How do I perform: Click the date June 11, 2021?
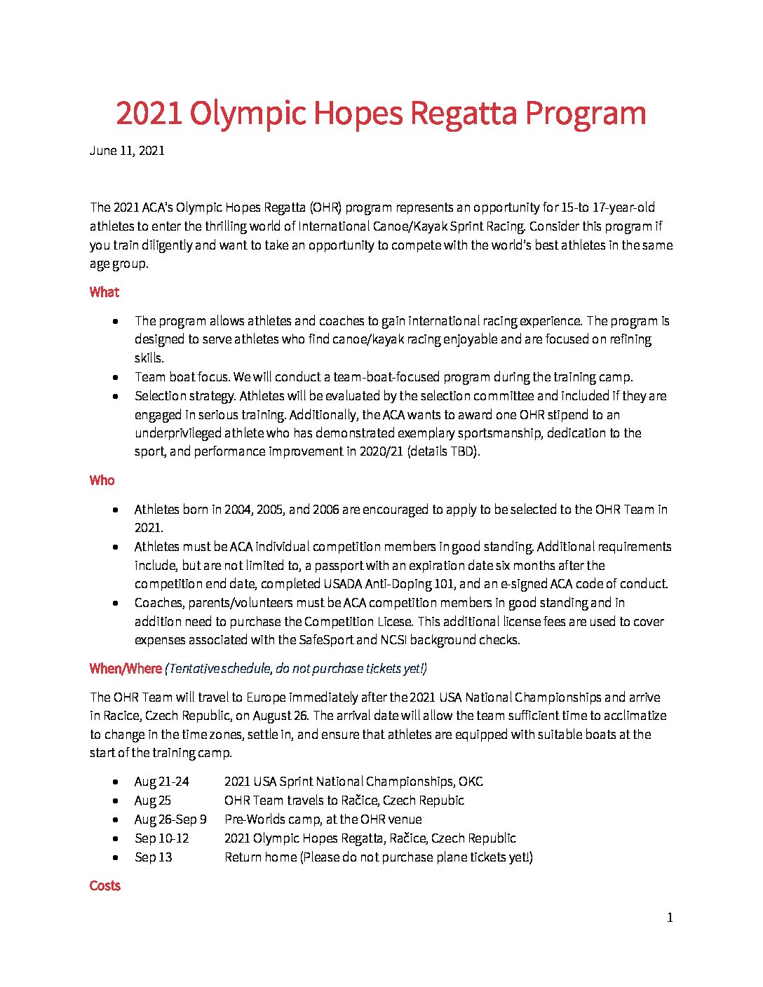pyautogui.click(x=127, y=151)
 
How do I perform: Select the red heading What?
pyautogui.click(x=104, y=292)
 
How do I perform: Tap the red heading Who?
pyautogui.click(x=102, y=481)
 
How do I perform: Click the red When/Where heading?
pyautogui.click(x=126, y=669)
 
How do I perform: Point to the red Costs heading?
pyautogui.click(x=105, y=886)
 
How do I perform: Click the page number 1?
pyautogui.click(x=670, y=918)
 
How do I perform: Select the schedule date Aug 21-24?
pyautogui.click(x=161, y=782)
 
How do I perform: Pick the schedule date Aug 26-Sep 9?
pyautogui.click(x=170, y=819)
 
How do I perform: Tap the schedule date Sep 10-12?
pyautogui.click(x=161, y=838)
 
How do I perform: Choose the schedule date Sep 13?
pyautogui.click(x=153, y=857)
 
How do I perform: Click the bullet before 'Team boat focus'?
pyautogui.click(x=115, y=377)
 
